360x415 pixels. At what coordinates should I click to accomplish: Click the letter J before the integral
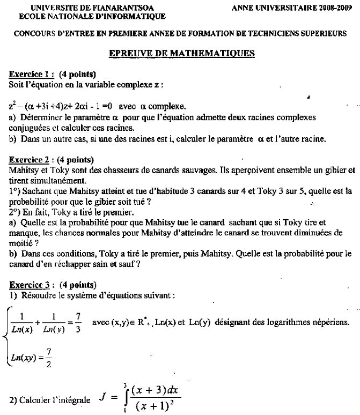[x=102, y=398]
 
